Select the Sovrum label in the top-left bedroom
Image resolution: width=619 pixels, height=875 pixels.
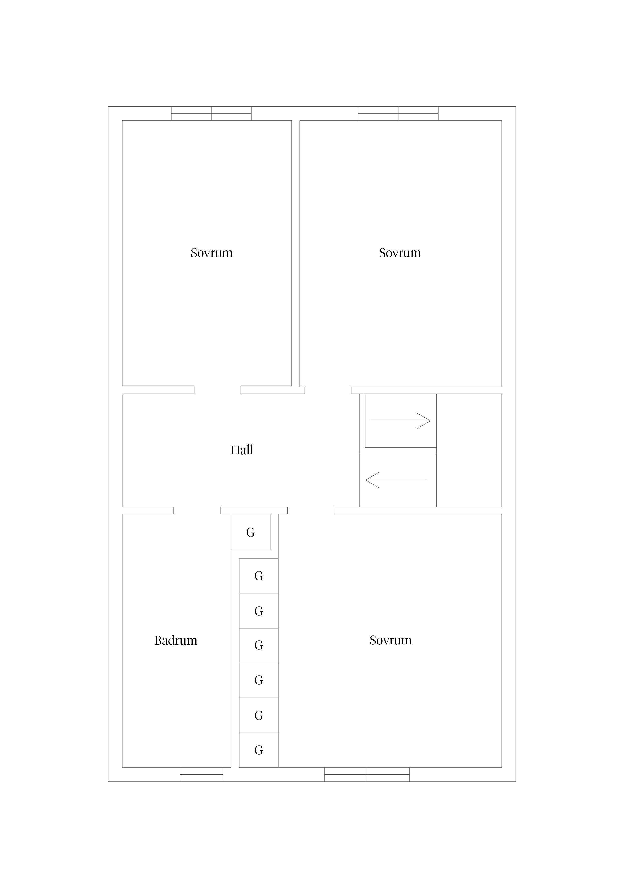212,253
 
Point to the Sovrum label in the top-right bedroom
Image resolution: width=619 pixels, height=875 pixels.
400,253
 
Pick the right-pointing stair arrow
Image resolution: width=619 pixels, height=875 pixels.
400,421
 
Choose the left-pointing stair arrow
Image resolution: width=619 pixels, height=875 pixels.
396,480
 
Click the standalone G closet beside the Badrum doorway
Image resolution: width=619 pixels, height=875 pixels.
251,532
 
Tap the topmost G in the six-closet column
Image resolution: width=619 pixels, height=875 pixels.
259,576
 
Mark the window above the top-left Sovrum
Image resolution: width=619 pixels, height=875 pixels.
211,113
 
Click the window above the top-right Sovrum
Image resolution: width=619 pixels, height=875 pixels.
398,113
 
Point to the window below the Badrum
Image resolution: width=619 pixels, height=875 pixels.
201,774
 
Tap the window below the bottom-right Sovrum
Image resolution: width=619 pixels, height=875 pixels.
367,774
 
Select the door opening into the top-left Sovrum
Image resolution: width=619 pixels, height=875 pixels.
217,390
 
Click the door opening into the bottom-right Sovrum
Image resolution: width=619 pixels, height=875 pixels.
311,510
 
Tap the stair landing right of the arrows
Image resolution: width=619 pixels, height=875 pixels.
469,450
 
